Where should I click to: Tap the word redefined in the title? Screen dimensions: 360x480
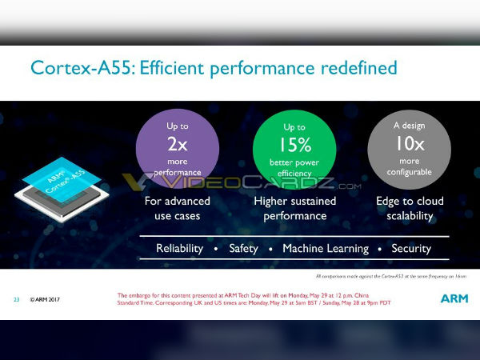355,68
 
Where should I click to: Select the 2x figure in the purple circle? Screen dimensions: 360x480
178,144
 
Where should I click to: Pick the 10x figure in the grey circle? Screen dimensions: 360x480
409,144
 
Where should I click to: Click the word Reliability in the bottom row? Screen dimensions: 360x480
179,249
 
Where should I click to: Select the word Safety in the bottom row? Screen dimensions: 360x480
243,249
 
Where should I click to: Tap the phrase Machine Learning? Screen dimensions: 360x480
326,249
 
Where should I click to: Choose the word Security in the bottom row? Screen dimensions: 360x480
411,249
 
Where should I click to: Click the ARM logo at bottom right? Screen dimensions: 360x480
454,298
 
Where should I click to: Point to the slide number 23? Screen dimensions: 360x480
16,300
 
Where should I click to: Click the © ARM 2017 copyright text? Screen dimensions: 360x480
45,300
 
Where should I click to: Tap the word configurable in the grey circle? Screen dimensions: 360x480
409,172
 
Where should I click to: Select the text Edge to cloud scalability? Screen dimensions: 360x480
410,208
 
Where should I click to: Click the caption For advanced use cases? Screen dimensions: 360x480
178,208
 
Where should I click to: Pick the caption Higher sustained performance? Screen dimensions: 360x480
294,208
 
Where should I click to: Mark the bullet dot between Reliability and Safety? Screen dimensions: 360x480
216,250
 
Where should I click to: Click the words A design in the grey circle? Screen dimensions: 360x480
409,126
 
